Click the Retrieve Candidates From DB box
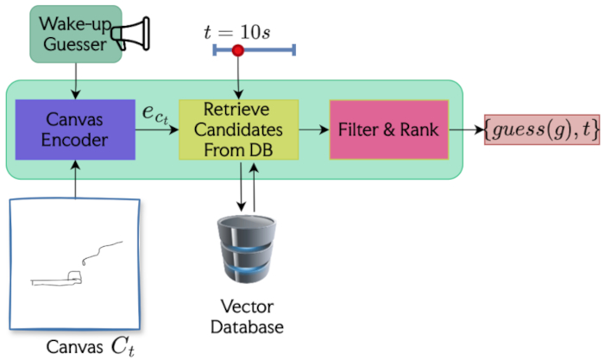[238, 129]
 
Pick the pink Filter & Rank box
[388, 129]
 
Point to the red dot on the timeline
[238, 51]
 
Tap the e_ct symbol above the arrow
[155, 113]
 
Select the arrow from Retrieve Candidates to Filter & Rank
[313, 129]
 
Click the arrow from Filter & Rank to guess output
[466, 129]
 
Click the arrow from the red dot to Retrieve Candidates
[238, 78]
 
